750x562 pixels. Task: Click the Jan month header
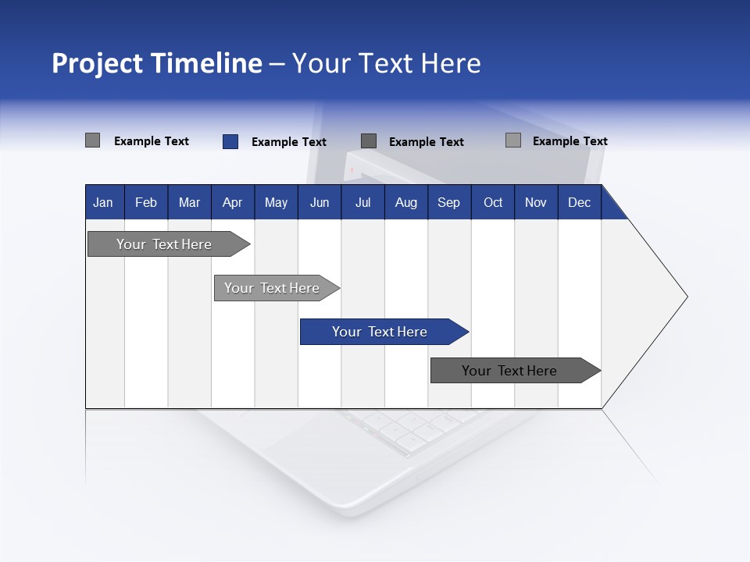103,202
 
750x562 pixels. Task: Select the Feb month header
146,202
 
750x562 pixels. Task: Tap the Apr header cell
232,202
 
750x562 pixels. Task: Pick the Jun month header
320,202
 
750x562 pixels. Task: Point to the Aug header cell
405,202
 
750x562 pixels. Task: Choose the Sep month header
448,202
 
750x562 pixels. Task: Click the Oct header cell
493,202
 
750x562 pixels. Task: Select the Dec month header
579,202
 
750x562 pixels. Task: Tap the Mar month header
189,202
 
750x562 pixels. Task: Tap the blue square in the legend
230,141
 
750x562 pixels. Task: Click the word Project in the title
96,63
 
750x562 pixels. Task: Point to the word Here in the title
451,63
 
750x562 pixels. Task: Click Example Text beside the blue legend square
289,142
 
